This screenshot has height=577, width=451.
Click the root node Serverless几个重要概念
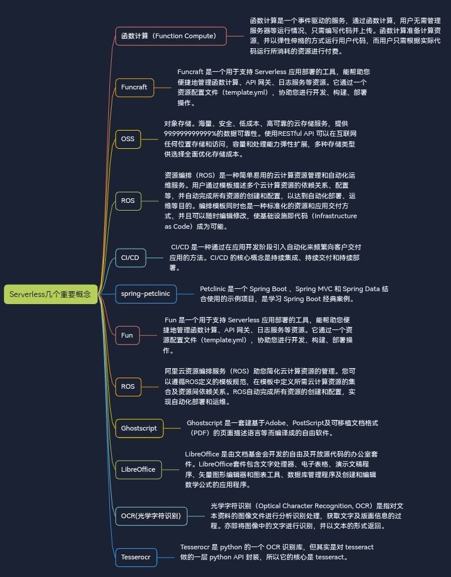51,294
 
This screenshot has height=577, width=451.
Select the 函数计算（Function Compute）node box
171,36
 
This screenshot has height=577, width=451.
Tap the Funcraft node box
134,87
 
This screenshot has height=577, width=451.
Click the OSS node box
128,139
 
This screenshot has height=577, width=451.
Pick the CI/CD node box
130,258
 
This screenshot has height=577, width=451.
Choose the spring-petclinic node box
146,293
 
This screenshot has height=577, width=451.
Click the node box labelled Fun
127,335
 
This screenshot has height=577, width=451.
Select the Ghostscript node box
139,428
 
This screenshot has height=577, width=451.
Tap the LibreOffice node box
138,469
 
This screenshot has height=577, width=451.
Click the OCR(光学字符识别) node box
151,516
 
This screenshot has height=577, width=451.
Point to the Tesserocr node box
136,557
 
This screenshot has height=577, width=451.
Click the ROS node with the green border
128,201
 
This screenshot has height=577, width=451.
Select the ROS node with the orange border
128,386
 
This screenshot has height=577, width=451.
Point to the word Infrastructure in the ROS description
336,216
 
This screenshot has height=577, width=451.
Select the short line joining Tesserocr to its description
166,557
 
